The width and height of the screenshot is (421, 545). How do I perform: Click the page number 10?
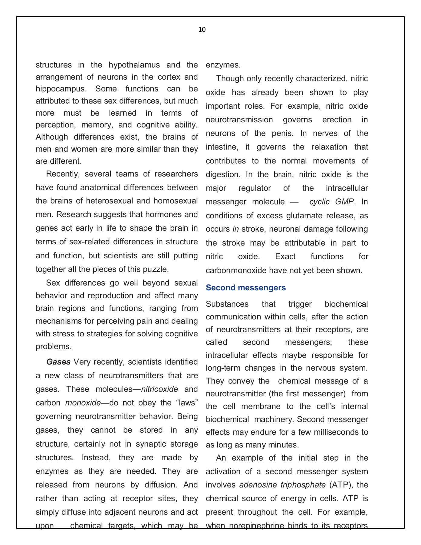coord(202,29)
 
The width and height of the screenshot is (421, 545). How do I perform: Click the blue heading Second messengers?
coord(245,288)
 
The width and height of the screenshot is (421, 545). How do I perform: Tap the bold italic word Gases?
coord(58,362)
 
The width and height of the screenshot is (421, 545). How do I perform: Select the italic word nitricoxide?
coord(160,389)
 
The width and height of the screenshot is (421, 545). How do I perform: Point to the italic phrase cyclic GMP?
coord(331,202)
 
